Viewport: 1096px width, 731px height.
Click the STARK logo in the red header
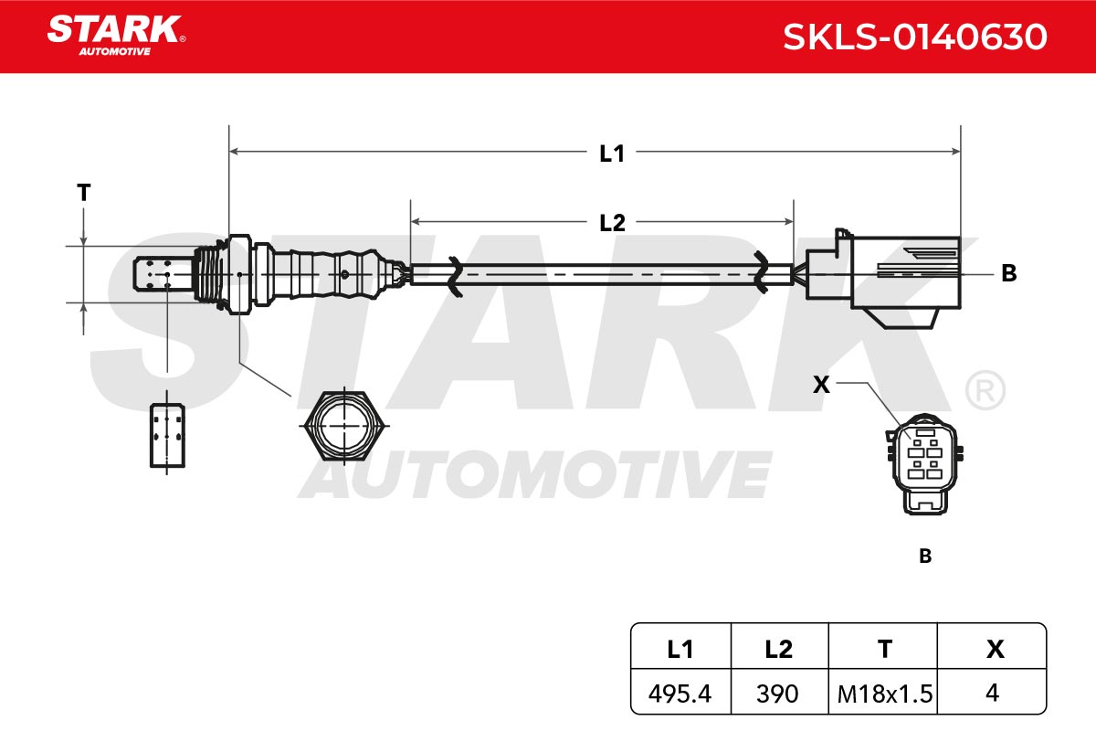[x=116, y=36]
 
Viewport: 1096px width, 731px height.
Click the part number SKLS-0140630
[x=915, y=37]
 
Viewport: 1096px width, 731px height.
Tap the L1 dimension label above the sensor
[x=612, y=154]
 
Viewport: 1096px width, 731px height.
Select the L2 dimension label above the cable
[x=612, y=223]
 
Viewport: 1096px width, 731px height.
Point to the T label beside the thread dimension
[x=84, y=193]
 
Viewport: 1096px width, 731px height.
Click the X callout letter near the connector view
[x=821, y=385]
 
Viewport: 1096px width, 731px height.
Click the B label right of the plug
[x=1009, y=273]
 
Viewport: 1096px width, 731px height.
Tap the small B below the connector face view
[x=925, y=556]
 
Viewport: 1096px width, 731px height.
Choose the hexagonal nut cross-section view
[x=344, y=426]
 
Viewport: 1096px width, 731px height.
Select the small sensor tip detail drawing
[x=167, y=435]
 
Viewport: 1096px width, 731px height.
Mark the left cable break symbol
[x=455, y=276]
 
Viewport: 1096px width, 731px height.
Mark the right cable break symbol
[x=760, y=272]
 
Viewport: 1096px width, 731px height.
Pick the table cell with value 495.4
[x=680, y=693]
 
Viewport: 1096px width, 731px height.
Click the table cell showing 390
[x=779, y=693]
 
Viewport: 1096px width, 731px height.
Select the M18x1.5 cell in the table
[x=884, y=693]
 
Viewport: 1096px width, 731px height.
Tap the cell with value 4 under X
[x=992, y=693]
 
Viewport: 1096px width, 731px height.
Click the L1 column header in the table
[x=680, y=649]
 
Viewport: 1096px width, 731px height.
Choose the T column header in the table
[x=885, y=649]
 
